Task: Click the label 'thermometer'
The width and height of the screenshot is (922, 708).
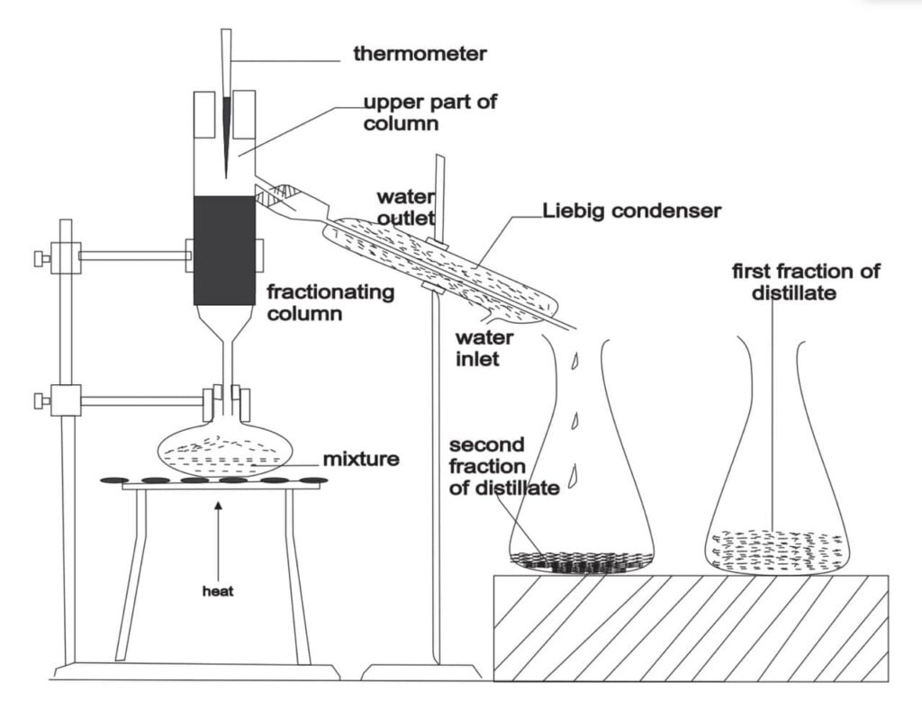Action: (420, 54)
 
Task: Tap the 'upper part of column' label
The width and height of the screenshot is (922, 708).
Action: (429, 112)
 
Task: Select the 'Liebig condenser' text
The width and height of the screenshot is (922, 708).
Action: (632, 211)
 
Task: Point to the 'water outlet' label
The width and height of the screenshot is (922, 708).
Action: (405, 206)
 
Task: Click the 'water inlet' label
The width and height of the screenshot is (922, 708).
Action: (484, 349)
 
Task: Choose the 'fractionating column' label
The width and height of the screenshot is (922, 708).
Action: (331, 303)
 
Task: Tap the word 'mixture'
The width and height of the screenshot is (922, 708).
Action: (362, 460)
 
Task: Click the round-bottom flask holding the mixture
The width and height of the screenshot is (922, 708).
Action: (223, 451)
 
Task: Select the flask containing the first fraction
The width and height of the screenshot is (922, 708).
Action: (775, 504)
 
